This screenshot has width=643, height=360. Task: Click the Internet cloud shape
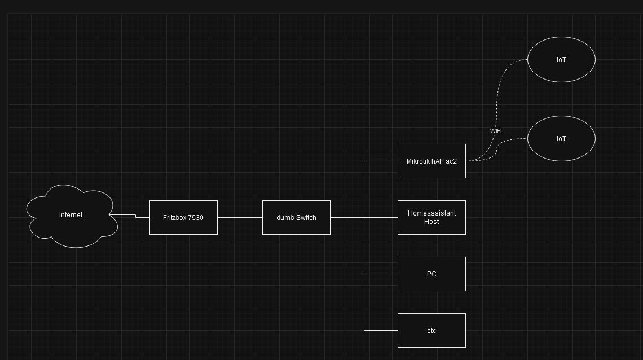tap(71, 216)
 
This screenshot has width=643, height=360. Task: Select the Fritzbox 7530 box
tap(183, 217)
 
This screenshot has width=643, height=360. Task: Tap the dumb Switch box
tap(296, 217)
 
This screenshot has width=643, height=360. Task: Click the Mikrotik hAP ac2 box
tap(431, 161)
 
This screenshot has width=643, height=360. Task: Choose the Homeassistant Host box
tap(431, 217)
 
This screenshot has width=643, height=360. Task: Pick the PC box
tap(431, 274)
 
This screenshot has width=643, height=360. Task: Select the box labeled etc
tap(431, 330)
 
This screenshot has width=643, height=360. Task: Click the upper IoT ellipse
tap(561, 59)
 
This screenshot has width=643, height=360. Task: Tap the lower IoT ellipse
tap(561, 138)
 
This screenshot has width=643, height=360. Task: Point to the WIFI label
tap(496, 131)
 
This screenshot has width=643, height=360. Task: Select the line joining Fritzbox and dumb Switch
tap(240, 217)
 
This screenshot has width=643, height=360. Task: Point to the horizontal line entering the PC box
tap(381, 274)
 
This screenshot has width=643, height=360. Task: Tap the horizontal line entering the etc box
tap(381, 330)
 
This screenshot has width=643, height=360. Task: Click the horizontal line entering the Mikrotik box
tap(381, 161)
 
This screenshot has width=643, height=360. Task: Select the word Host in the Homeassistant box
tap(431, 222)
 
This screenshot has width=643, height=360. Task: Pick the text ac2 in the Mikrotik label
tap(451, 161)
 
